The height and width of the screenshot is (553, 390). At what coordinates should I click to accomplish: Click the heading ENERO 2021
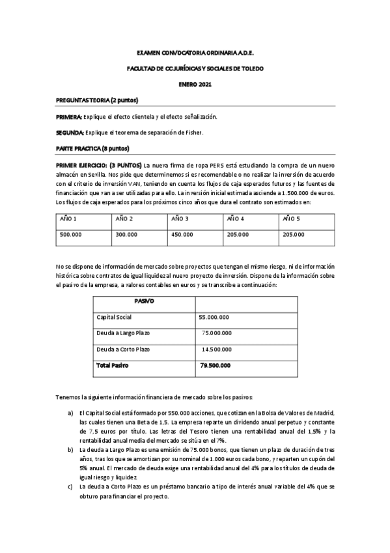(x=195, y=85)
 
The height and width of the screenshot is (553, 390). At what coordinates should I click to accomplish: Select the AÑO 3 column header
(x=180, y=218)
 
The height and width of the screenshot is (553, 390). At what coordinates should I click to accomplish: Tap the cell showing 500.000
(x=70, y=234)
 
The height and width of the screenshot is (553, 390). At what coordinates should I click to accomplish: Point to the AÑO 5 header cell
(x=292, y=218)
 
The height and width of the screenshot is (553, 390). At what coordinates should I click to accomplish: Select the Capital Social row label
(x=114, y=317)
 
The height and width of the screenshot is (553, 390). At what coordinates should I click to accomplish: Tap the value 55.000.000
(x=214, y=317)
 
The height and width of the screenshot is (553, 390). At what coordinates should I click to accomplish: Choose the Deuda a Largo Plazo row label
(x=123, y=333)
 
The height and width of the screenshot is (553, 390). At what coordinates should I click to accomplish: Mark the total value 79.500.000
(x=214, y=366)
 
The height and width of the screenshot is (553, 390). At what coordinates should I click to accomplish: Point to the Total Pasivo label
(x=113, y=366)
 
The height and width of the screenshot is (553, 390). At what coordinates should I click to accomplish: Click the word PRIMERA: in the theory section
(x=69, y=117)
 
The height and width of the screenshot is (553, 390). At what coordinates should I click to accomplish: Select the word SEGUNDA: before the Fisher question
(x=70, y=133)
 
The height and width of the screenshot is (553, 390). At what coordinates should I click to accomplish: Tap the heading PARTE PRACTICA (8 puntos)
(x=92, y=149)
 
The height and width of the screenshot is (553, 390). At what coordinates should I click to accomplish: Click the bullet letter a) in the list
(x=70, y=414)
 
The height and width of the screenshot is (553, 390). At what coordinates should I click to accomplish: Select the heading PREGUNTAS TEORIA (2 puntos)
(x=96, y=100)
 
